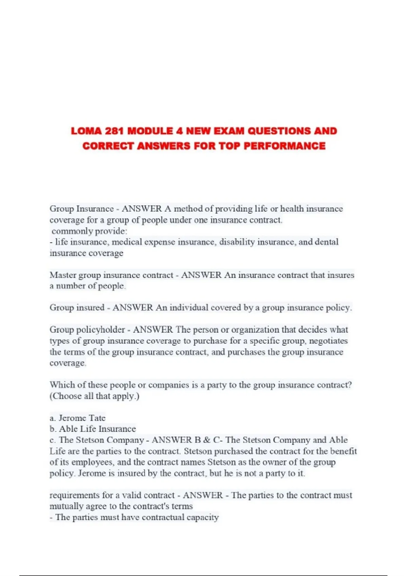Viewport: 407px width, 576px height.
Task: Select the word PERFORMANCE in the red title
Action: click(285, 146)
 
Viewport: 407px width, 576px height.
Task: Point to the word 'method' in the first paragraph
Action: click(188, 209)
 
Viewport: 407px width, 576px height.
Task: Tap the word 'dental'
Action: click(327, 242)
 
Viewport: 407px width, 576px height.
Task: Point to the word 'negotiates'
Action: click(328, 341)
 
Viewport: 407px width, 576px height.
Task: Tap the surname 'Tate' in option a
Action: click(97, 418)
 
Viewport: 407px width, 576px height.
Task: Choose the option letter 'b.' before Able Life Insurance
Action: click(53, 429)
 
